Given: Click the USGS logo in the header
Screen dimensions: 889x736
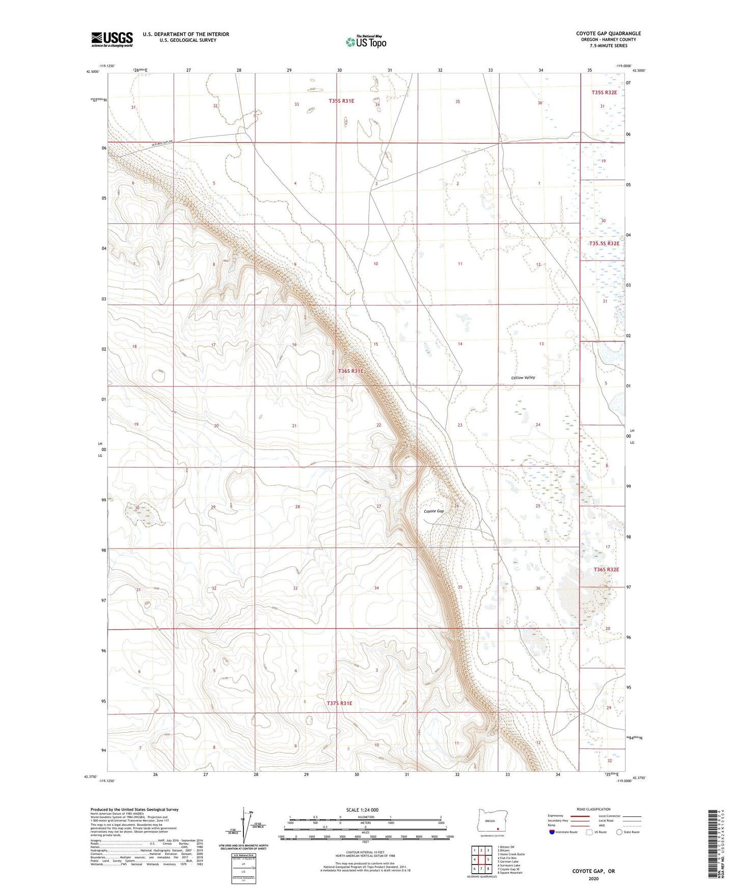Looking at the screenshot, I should pos(112,39).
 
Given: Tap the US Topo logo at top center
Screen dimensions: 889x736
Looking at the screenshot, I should pos(365,42).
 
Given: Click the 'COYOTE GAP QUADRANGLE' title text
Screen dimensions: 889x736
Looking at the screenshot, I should pos(609,34).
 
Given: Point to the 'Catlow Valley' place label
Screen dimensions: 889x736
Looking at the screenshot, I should pos(523,378).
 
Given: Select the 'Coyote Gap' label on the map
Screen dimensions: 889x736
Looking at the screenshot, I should pos(434,511).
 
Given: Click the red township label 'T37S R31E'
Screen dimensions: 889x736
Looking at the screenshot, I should pos(339,703).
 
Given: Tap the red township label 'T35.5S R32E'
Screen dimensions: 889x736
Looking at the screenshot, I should pos(604,243).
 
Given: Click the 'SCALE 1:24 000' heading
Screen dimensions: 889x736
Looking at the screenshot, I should pos(362,810).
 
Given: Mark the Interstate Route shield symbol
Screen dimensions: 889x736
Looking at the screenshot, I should pos(553,832).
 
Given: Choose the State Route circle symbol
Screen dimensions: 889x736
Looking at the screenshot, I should pos(619,832).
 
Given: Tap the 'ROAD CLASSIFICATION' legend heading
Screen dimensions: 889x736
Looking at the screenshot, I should pos(593,809).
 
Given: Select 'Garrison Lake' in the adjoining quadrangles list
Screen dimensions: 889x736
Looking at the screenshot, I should pos(509,862).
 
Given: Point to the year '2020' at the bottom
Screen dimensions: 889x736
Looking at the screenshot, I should pos(593,878).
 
